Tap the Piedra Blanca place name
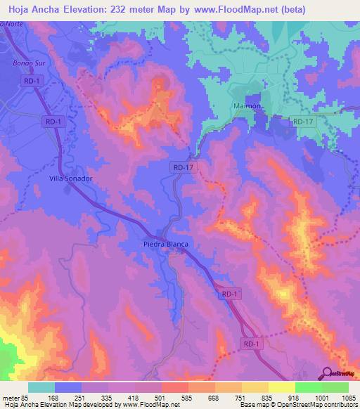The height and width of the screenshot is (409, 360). coord(163,245)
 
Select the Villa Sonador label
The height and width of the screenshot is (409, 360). coord(71,178)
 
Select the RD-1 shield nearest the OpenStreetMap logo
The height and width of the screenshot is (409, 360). coord(252,344)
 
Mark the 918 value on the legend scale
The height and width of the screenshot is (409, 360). coord(295,397)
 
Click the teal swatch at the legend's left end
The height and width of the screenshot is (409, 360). coord(41,387)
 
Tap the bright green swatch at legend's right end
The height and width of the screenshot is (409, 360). coord(335,387)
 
